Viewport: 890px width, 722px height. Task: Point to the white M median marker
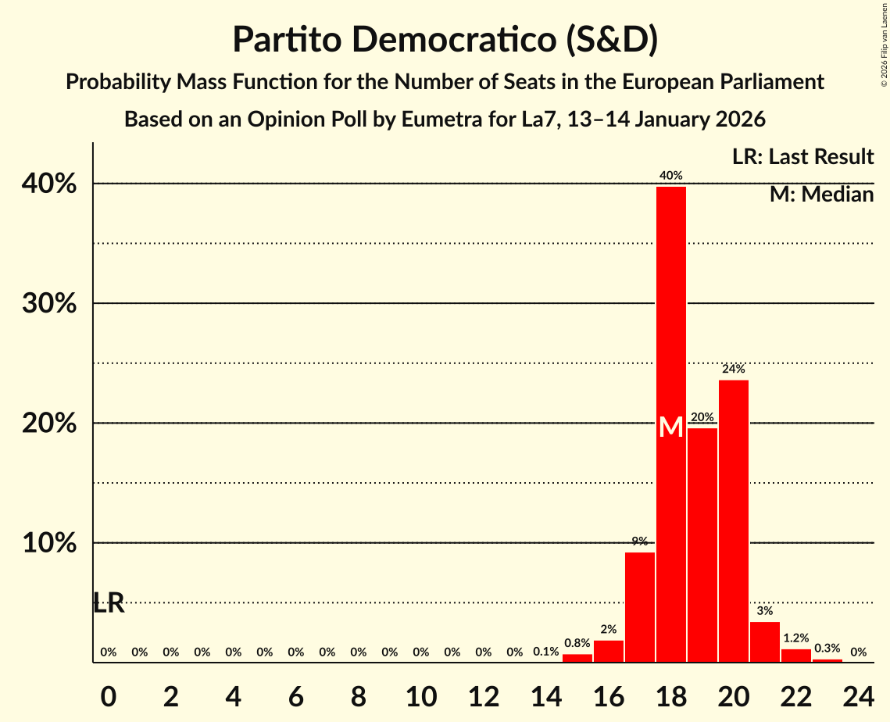pyautogui.click(x=670, y=427)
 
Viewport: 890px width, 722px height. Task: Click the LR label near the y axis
pyautogui.click(x=109, y=602)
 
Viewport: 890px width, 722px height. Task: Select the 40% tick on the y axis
pyautogui.click(x=54, y=184)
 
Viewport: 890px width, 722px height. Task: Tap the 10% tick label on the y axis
pyautogui.click(x=54, y=543)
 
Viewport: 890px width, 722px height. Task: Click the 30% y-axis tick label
pyautogui.click(x=54, y=303)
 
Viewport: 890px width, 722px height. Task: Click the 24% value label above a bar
pyautogui.click(x=733, y=369)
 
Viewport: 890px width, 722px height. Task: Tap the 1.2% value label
pyautogui.click(x=795, y=638)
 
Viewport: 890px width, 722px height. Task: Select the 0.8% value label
pyautogui.click(x=577, y=643)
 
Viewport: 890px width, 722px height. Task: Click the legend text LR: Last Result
pyautogui.click(x=802, y=157)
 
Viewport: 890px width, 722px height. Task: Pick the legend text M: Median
pyautogui.click(x=821, y=195)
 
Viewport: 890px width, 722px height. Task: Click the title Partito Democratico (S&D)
pyautogui.click(x=445, y=40)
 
